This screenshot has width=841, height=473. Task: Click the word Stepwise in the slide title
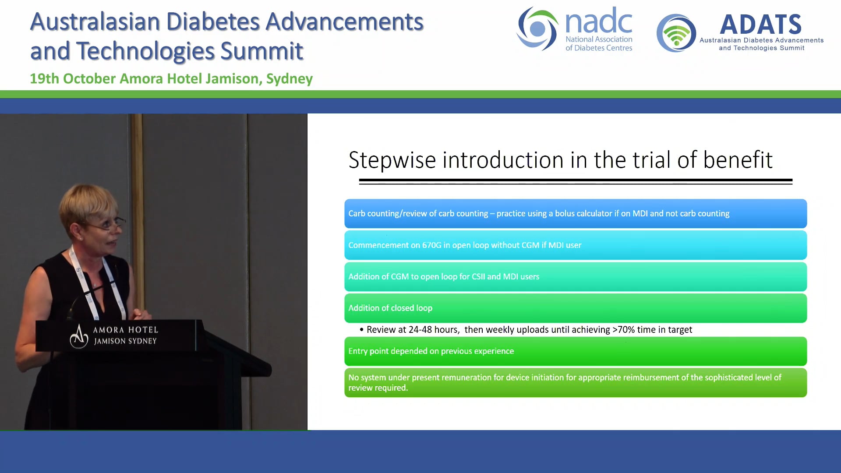(x=392, y=160)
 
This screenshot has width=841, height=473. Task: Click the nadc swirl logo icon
(x=537, y=29)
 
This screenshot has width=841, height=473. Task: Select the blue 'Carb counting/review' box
(x=575, y=214)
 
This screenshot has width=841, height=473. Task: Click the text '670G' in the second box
(x=431, y=245)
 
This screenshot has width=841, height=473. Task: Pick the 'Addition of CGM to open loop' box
(x=575, y=277)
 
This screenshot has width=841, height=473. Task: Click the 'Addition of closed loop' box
(x=575, y=308)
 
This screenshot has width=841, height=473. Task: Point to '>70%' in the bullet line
(x=623, y=330)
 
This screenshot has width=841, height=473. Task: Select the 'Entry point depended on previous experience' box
(x=575, y=351)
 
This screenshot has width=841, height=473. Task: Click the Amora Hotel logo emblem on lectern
(x=79, y=336)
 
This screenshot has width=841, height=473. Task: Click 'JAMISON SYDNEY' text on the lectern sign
(x=125, y=341)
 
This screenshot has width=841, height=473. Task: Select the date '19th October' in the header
(x=73, y=79)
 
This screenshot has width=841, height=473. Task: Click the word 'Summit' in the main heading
(x=261, y=51)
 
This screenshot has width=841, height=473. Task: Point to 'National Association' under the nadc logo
(x=599, y=39)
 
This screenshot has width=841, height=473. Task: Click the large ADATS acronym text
(x=760, y=25)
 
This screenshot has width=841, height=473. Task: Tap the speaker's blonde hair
(x=88, y=201)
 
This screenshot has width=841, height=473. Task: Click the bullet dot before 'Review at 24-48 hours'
(x=361, y=330)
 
